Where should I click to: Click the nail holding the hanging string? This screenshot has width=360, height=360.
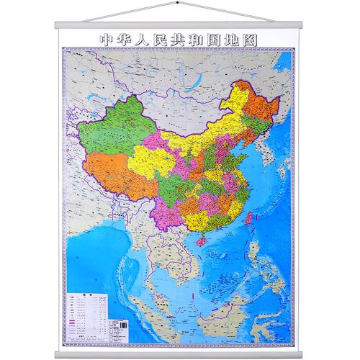click(179, 4)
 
